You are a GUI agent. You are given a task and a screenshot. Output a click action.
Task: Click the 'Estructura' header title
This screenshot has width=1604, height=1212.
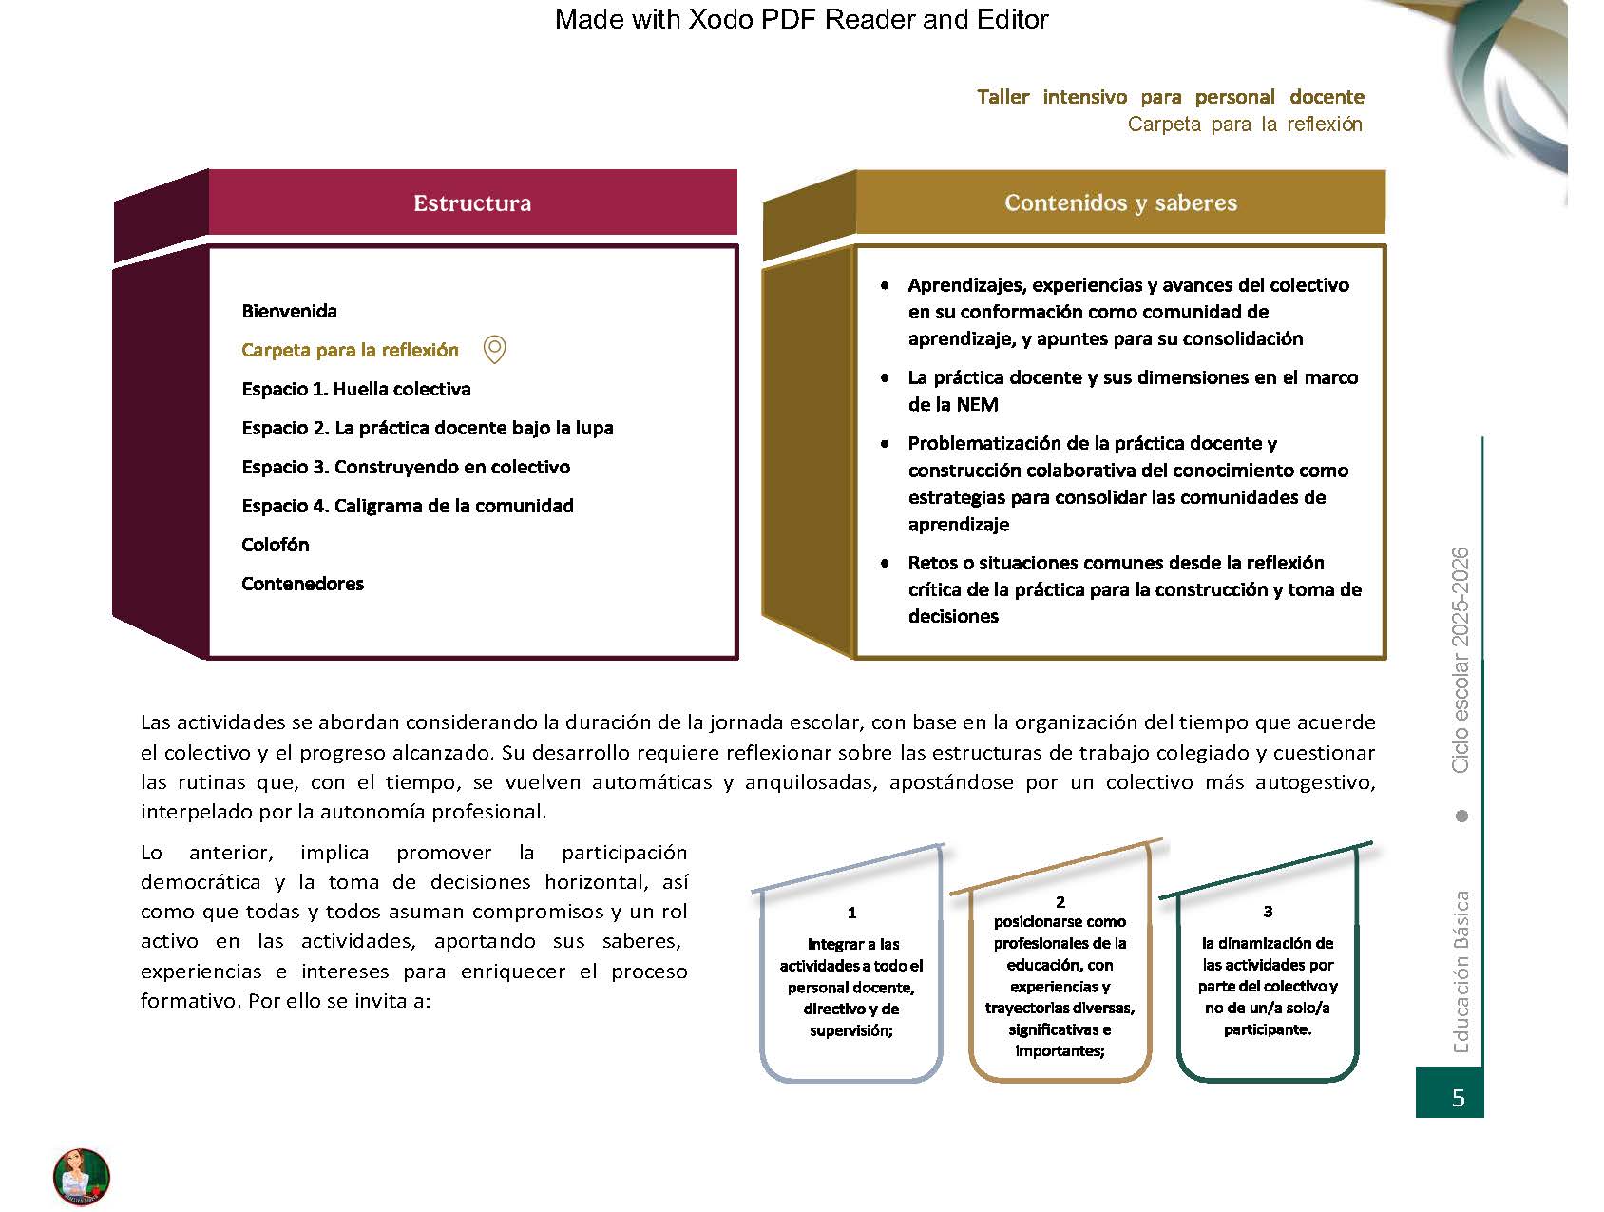point(472,202)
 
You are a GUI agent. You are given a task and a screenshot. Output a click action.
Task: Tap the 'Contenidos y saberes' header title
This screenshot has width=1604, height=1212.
point(1120,202)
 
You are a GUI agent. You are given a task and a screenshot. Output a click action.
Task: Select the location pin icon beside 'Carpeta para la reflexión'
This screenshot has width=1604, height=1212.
point(494,350)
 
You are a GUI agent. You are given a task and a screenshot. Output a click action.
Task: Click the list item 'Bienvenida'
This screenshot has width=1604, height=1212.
point(289,311)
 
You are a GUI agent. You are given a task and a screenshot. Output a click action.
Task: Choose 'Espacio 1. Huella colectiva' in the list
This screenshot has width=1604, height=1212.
point(355,389)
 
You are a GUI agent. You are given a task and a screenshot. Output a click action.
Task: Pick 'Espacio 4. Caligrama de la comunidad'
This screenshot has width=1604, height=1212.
point(407,506)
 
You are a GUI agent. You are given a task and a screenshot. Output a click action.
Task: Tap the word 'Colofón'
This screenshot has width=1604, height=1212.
point(275,545)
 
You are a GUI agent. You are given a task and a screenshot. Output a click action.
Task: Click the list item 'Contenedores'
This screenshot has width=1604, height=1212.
point(302,584)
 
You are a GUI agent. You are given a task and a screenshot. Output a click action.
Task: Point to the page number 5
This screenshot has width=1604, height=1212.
point(1458,1098)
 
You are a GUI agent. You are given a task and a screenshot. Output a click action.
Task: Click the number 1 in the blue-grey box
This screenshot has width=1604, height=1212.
point(851,913)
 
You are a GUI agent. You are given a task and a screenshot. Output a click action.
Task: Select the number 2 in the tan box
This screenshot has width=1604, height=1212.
point(1060,901)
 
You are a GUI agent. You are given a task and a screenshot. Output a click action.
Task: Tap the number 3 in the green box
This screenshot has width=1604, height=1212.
point(1268,912)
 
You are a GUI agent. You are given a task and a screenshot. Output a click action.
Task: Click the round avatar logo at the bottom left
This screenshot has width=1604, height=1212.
point(82,1177)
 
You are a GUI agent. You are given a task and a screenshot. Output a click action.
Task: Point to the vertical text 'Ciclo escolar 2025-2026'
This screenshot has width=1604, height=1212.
point(1461,660)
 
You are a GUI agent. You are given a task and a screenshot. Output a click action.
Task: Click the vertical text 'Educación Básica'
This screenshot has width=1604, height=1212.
point(1461,972)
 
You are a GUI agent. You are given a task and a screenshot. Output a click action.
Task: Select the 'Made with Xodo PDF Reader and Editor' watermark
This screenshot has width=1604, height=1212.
point(801,19)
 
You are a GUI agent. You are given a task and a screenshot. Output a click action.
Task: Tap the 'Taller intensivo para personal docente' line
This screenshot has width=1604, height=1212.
point(1170,97)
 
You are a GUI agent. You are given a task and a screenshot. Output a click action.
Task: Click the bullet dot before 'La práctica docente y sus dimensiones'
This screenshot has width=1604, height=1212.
point(886,377)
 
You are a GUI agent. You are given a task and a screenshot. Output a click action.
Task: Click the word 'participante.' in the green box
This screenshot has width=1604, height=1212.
point(1268,1029)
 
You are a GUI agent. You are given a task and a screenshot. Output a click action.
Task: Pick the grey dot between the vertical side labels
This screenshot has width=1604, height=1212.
point(1461,816)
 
